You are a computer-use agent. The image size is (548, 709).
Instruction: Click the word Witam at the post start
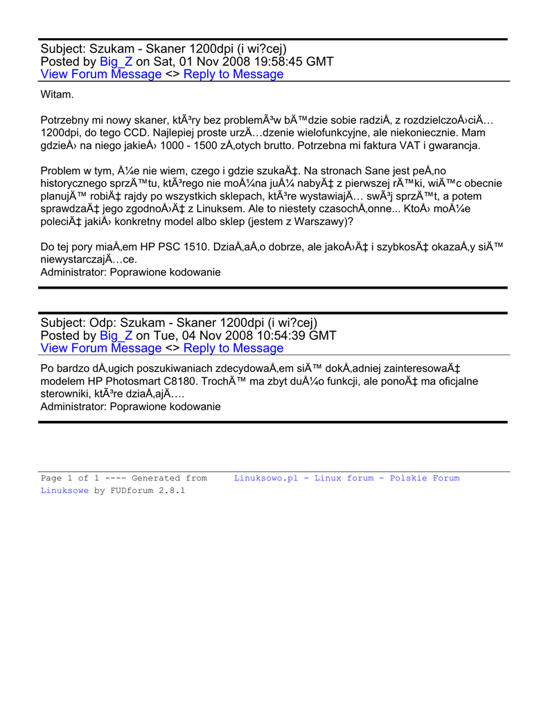[x=57, y=93]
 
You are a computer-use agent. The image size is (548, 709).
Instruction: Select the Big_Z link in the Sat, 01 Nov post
[x=116, y=62]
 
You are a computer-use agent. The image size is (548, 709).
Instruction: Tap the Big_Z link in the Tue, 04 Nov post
[x=116, y=335]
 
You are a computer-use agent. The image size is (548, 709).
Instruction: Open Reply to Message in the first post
[x=233, y=74]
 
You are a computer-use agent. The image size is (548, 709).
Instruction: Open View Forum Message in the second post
[x=101, y=348]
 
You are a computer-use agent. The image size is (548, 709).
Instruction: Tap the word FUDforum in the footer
[x=135, y=491]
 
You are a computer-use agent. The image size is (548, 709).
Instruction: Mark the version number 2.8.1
[x=173, y=491]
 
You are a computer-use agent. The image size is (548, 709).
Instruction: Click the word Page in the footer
[x=52, y=478]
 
